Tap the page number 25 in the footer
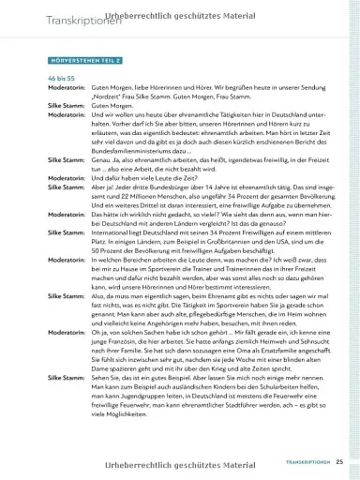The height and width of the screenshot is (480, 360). point(340,461)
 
